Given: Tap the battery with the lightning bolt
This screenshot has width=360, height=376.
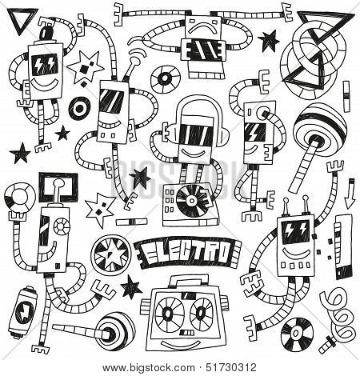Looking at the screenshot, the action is click(23, 312).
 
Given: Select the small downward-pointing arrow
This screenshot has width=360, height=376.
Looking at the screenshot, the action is click(350, 194).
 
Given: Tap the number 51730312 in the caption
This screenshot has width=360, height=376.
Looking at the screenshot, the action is click(231, 368).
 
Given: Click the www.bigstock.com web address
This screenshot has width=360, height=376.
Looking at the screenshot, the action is click(149, 368).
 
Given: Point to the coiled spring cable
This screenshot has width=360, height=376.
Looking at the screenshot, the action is click(338, 314).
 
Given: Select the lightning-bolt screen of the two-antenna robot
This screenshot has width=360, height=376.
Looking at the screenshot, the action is click(296, 231).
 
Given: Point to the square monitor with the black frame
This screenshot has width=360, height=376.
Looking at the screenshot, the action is click(58, 188).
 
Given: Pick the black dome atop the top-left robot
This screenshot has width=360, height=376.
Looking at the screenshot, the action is click(48, 34).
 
